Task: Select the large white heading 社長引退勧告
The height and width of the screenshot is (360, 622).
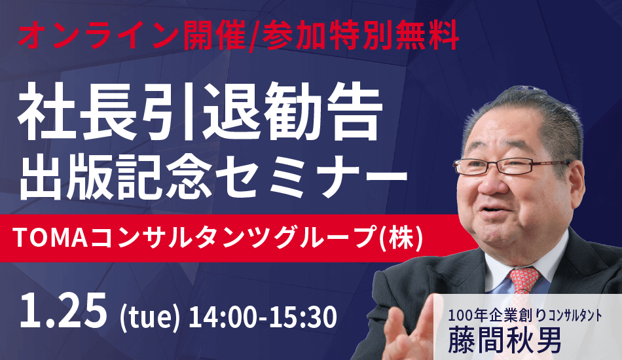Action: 200,114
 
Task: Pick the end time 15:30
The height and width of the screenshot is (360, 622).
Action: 302,317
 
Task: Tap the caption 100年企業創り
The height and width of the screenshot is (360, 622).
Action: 497,315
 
